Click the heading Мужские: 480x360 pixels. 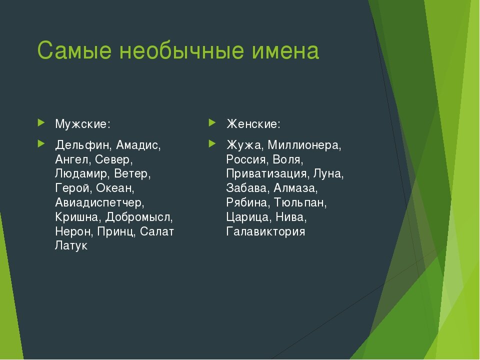click(x=82, y=123)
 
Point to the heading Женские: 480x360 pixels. click(x=253, y=123)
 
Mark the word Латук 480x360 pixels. click(x=71, y=246)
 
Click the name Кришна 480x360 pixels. click(x=77, y=217)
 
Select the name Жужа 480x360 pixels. click(x=244, y=145)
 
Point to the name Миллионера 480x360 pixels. click(x=303, y=145)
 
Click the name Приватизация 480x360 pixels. click(x=266, y=174)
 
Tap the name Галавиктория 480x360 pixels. click(x=265, y=232)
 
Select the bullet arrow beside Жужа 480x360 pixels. click(x=212, y=144)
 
